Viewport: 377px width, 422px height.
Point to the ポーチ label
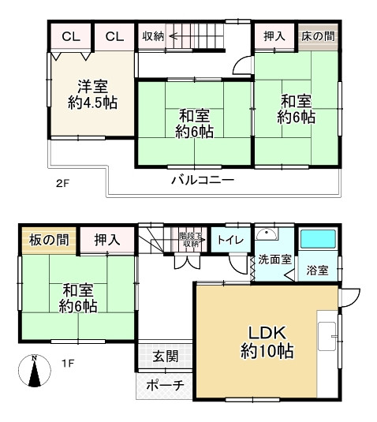(x=165, y=386)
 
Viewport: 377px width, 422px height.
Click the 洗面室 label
(x=274, y=260)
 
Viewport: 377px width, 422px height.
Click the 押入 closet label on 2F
(x=274, y=36)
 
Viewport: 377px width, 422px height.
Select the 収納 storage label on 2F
(x=153, y=36)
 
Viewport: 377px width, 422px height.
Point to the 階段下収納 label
(x=190, y=240)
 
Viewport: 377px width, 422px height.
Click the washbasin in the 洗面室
(x=270, y=234)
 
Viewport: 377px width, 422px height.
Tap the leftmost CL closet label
(x=71, y=36)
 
